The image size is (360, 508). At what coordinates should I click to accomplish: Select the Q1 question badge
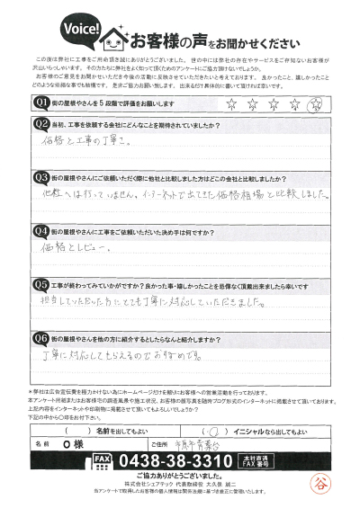(x=41, y=102)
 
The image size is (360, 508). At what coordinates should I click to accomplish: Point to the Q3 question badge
(x=41, y=178)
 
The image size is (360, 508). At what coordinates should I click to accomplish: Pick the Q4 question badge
(x=41, y=229)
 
